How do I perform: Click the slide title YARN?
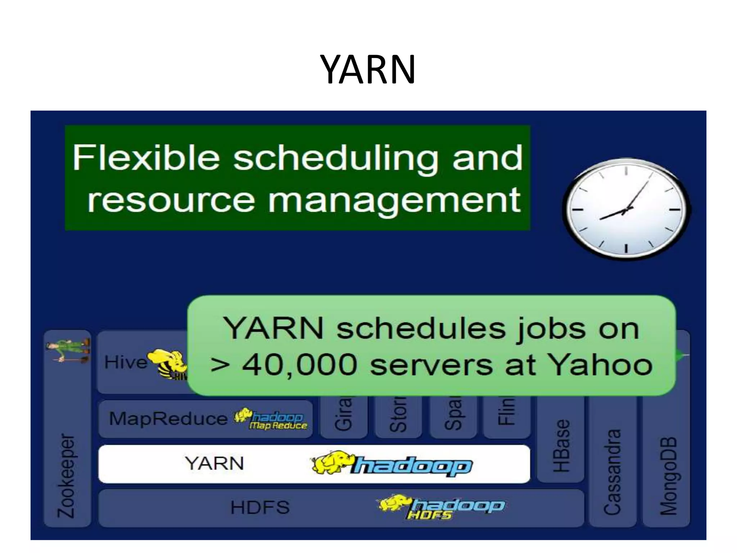(368, 69)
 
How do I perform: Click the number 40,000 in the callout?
(299, 365)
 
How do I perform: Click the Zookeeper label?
(67, 476)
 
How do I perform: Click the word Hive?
(126, 362)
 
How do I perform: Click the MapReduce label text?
(168, 419)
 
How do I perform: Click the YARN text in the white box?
(215, 463)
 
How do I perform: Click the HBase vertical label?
(561, 446)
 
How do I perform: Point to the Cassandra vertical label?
(612, 472)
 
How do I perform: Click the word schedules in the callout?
(421, 328)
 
